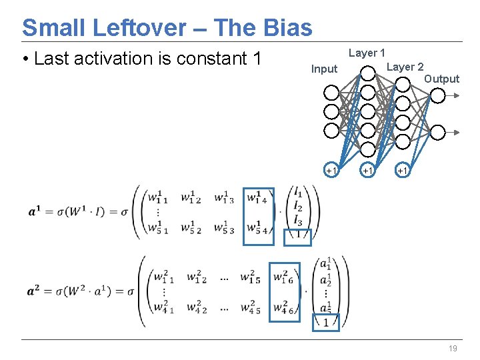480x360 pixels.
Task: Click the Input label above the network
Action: pyautogui.click(x=325, y=69)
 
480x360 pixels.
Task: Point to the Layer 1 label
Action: pyautogui.click(x=367, y=53)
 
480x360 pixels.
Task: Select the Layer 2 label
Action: pyautogui.click(x=405, y=67)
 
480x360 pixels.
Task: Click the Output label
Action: pyautogui.click(x=441, y=79)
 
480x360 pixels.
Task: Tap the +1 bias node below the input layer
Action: pyautogui.click(x=331, y=171)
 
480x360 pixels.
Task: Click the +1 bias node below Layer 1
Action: pyautogui.click(x=367, y=171)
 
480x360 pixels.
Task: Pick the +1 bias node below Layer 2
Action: pyautogui.click(x=402, y=171)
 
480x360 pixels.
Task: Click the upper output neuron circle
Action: pyautogui.click(x=437, y=96)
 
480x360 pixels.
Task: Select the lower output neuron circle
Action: pyautogui.click(x=437, y=133)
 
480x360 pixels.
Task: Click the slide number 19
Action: pyautogui.click(x=453, y=349)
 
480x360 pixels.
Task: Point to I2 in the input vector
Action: pyautogui.click(x=298, y=208)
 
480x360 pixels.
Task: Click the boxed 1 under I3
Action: pyautogui.click(x=297, y=235)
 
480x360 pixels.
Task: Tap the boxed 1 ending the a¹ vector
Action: pyautogui.click(x=325, y=323)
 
